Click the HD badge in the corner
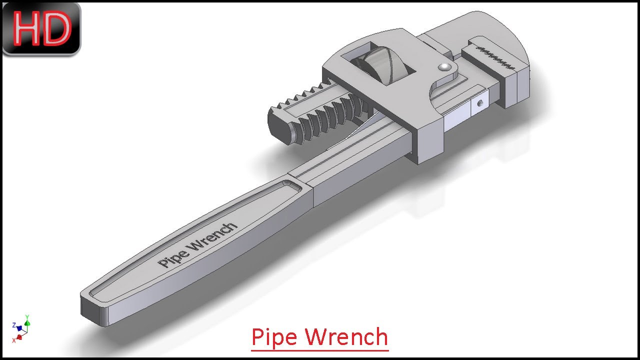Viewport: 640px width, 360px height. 41,28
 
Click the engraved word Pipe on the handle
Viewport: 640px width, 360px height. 173,256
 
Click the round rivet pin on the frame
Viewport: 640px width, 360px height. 443,67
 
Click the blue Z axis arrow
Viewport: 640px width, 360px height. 19,328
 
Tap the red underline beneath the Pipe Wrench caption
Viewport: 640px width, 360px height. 319,349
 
